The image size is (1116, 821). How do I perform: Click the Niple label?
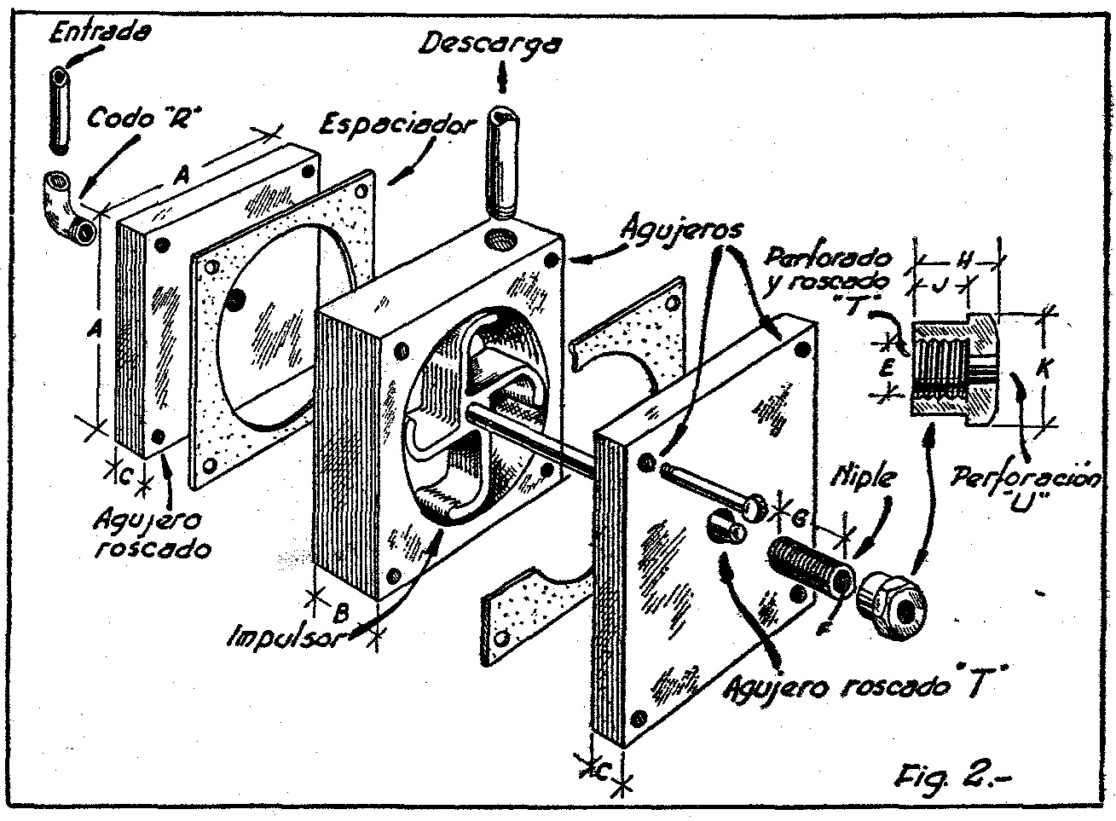[863, 477]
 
